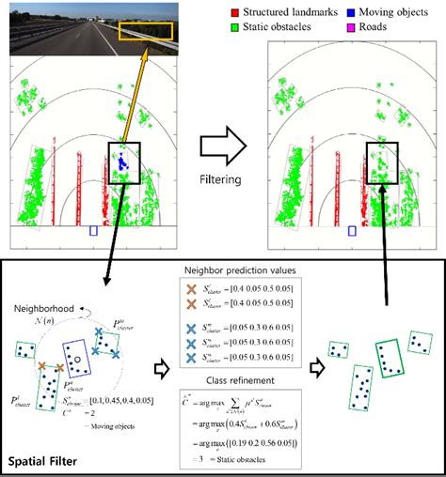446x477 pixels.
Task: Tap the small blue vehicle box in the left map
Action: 92,229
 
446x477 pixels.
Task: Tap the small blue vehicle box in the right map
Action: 352,229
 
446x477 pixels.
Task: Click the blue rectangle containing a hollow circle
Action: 74,359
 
